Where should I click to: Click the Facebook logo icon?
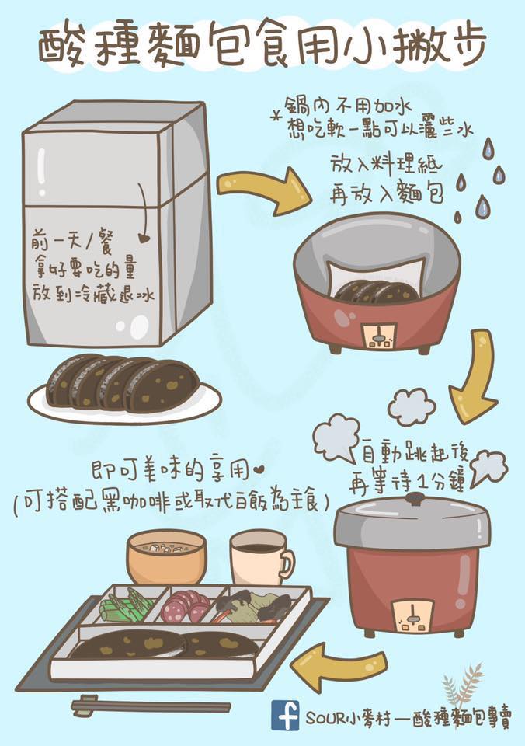click(285, 716)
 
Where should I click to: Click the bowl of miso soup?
click(166, 556)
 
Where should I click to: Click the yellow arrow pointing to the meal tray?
click(338, 664)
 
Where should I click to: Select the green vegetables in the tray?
click(125, 605)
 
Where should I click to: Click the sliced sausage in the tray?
click(186, 605)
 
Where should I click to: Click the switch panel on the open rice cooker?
click(378, 336)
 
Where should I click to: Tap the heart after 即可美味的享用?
click(259, 472)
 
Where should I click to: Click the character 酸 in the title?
click(62, 46)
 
